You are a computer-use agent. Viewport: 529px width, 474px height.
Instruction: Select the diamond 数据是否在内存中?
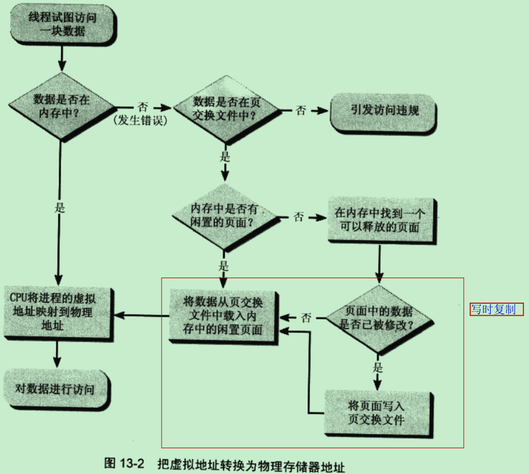pyautogui.click(x=61, y=105)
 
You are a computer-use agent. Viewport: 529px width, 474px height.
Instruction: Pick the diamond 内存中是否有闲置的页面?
pyautogui.click(x=223, y=216)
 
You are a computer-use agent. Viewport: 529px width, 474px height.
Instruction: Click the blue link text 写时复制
pyautogui.click(x=493, y=310)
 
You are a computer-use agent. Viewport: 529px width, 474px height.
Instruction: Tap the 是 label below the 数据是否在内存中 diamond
pyautogui.click(x=60, y=207)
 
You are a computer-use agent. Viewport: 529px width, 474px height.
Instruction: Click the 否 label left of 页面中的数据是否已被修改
pyautogui.click(x=306, y=318)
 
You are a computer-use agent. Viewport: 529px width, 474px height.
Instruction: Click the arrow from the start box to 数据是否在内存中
pyautogui.click(x=61, y=58)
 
